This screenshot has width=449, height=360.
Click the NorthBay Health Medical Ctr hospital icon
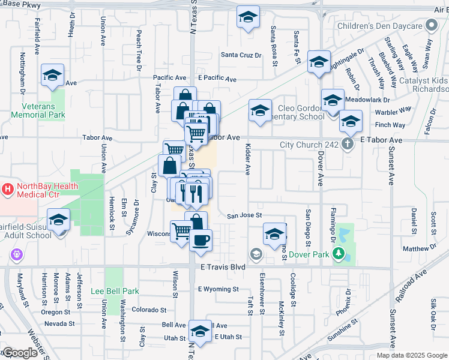point(8,190)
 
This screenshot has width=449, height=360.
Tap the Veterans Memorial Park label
point(38,110)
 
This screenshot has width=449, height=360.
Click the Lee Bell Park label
point(115,292)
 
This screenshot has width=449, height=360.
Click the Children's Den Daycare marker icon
point(431,26)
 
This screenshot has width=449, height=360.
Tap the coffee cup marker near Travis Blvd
point(200,239)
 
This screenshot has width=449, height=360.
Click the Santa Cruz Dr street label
point(241,55)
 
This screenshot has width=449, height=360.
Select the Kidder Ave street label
point(247,160)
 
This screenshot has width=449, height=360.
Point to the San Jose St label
point(245,215)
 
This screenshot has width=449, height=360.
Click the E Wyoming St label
point(218,289)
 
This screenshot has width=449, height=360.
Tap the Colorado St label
point(149,310)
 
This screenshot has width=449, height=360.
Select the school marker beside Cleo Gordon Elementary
point(259,110)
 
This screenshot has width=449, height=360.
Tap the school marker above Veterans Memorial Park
point(52,75)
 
